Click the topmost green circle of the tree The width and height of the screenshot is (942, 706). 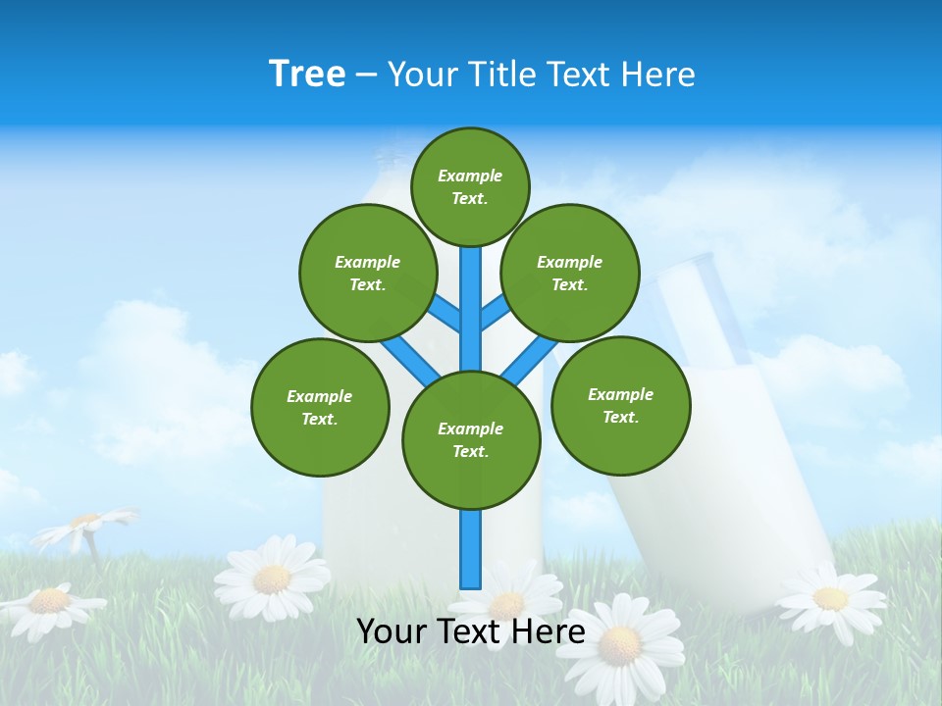tap(470, 186)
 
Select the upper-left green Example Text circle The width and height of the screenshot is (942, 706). tap(368, 273)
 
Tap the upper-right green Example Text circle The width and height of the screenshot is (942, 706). tap(570, 273)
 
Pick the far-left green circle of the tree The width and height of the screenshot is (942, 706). tap(320, 407)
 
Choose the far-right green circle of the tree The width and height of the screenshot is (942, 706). tap(620, 405)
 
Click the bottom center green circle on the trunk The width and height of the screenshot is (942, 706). tap(471, 439)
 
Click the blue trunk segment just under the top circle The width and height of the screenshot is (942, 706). tap(471, 294)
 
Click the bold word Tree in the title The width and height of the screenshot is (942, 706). tap(307, 74)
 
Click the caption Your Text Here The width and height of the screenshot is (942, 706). tap(470, 631)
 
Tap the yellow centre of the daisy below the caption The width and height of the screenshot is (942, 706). tap(619, 644)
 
